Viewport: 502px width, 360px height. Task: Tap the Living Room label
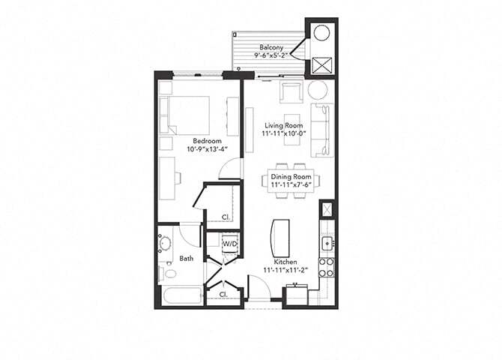point(282,125)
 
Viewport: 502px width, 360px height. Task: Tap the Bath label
point(187,259)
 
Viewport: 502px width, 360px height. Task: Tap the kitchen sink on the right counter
point(327,243)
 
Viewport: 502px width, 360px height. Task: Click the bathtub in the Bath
point(180,295)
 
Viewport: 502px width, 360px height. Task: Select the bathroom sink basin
point(165,244)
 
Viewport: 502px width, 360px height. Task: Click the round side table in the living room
point(318,90)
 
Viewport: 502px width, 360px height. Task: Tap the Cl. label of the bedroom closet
point(225,218)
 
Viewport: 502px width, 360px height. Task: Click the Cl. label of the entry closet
point(223,295)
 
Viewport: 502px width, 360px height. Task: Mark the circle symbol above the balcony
point(321,34)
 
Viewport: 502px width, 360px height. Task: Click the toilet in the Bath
point(162,271)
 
